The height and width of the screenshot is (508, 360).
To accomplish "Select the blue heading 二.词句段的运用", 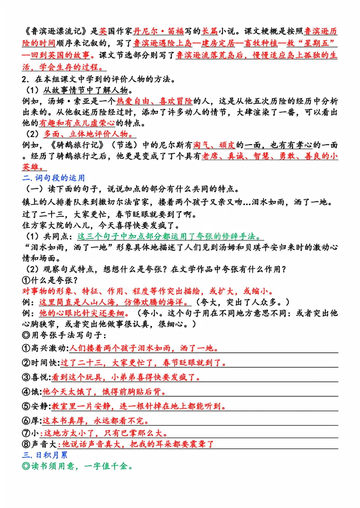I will coord(54,178).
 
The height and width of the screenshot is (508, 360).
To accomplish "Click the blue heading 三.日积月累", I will coord(45,455).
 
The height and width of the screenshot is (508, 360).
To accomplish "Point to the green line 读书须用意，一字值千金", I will coord(77,466).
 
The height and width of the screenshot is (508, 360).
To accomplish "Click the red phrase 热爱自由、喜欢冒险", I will coord(154,101).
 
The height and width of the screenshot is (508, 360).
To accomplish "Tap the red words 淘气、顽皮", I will coord(214,145).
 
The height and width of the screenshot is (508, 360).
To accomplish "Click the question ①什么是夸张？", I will coord(50,280).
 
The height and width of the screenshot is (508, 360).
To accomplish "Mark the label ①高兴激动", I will coord(45,348).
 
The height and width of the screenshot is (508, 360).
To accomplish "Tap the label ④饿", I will coord(32,392).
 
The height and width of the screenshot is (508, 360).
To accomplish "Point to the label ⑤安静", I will coord(36,406).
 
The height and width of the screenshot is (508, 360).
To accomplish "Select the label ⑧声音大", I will coord(39,444).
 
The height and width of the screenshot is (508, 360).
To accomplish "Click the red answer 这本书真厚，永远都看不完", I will coord(95,421).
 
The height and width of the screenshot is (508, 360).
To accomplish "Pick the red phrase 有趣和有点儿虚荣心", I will coord(77,123).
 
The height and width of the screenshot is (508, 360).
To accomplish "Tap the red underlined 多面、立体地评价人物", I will coord(89,134).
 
